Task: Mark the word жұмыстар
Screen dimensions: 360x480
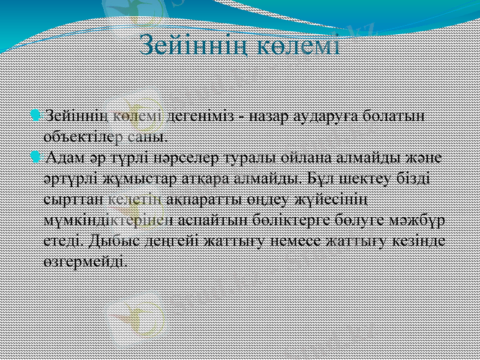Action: coord(128,179)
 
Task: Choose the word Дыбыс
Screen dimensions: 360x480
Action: coord(111,240)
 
